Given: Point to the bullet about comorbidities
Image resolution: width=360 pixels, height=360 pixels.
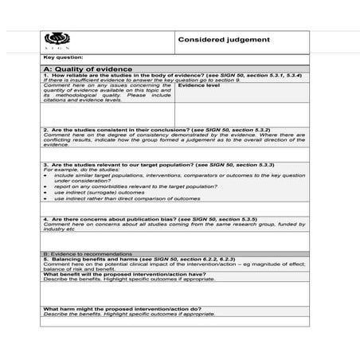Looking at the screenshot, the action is pos(127,186).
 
